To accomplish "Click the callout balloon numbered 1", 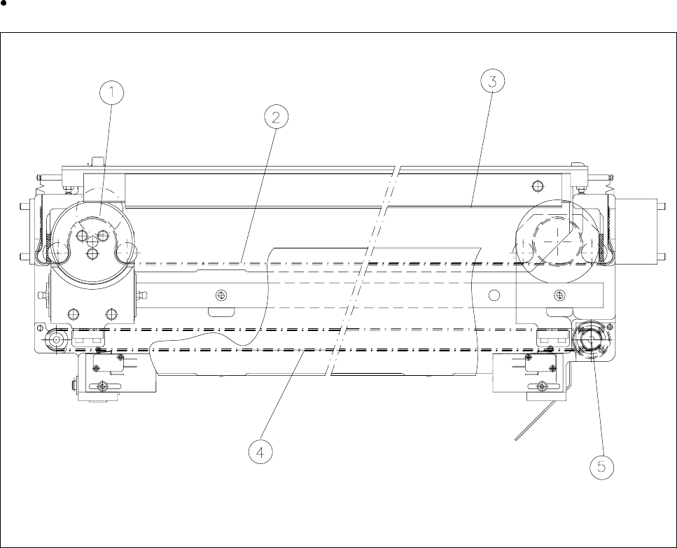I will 111,92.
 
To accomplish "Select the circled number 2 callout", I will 275,118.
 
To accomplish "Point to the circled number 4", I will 260,452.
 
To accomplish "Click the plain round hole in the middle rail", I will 494,295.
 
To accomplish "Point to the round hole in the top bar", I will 537,185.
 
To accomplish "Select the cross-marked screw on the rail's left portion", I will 222,295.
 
